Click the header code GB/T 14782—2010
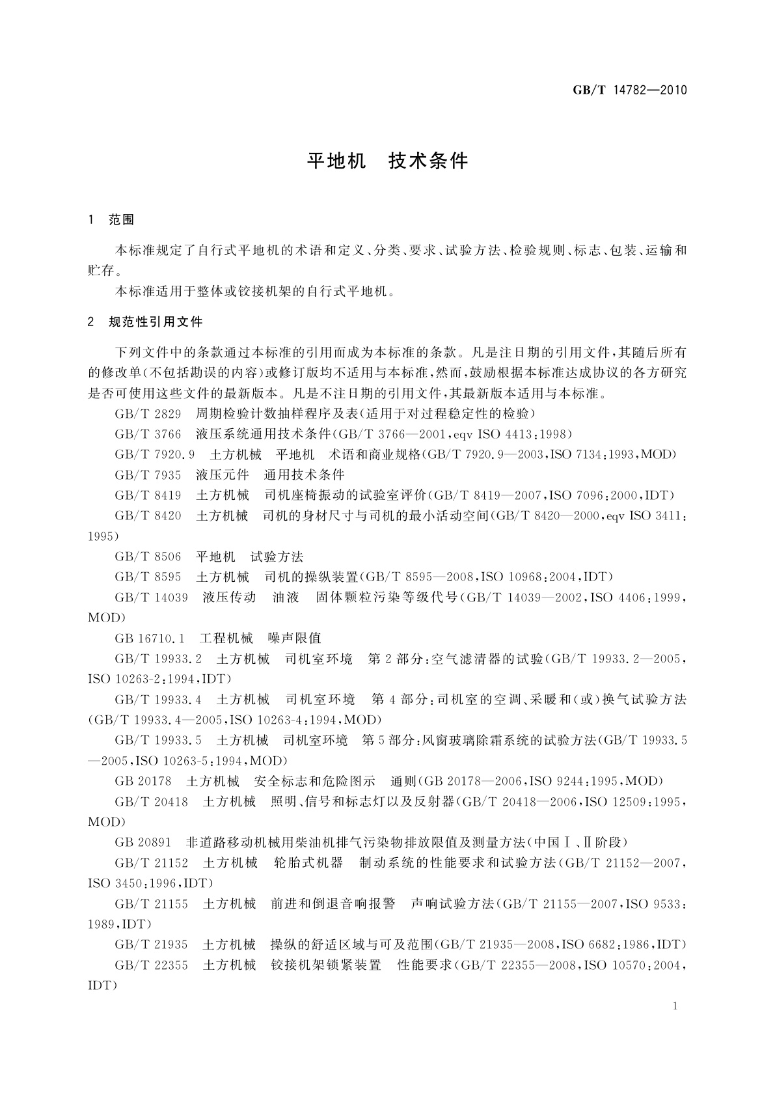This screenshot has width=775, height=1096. pyautogui.click(x=629, y=90)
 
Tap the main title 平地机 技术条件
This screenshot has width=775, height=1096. pyautogui.click(x=387, y=161)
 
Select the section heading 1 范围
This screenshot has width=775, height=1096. pyautogui.click(x=111, y=220)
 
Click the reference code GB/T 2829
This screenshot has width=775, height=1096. pyautogui.click(x=148, y=414)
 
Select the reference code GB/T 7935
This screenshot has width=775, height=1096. pyautogui.click(x=148, y=475)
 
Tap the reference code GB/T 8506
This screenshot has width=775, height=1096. pyautogui.click(x=148, y=556)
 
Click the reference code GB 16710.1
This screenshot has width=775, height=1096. pyautogui.click(x=150, y=638)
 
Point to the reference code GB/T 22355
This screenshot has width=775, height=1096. pyautogui.click(x=151, y=965)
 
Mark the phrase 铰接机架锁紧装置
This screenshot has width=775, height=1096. pyautogui.click(x=326, y=965)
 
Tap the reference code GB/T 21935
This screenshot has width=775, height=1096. pyautogui.click(x=151, y=944)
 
